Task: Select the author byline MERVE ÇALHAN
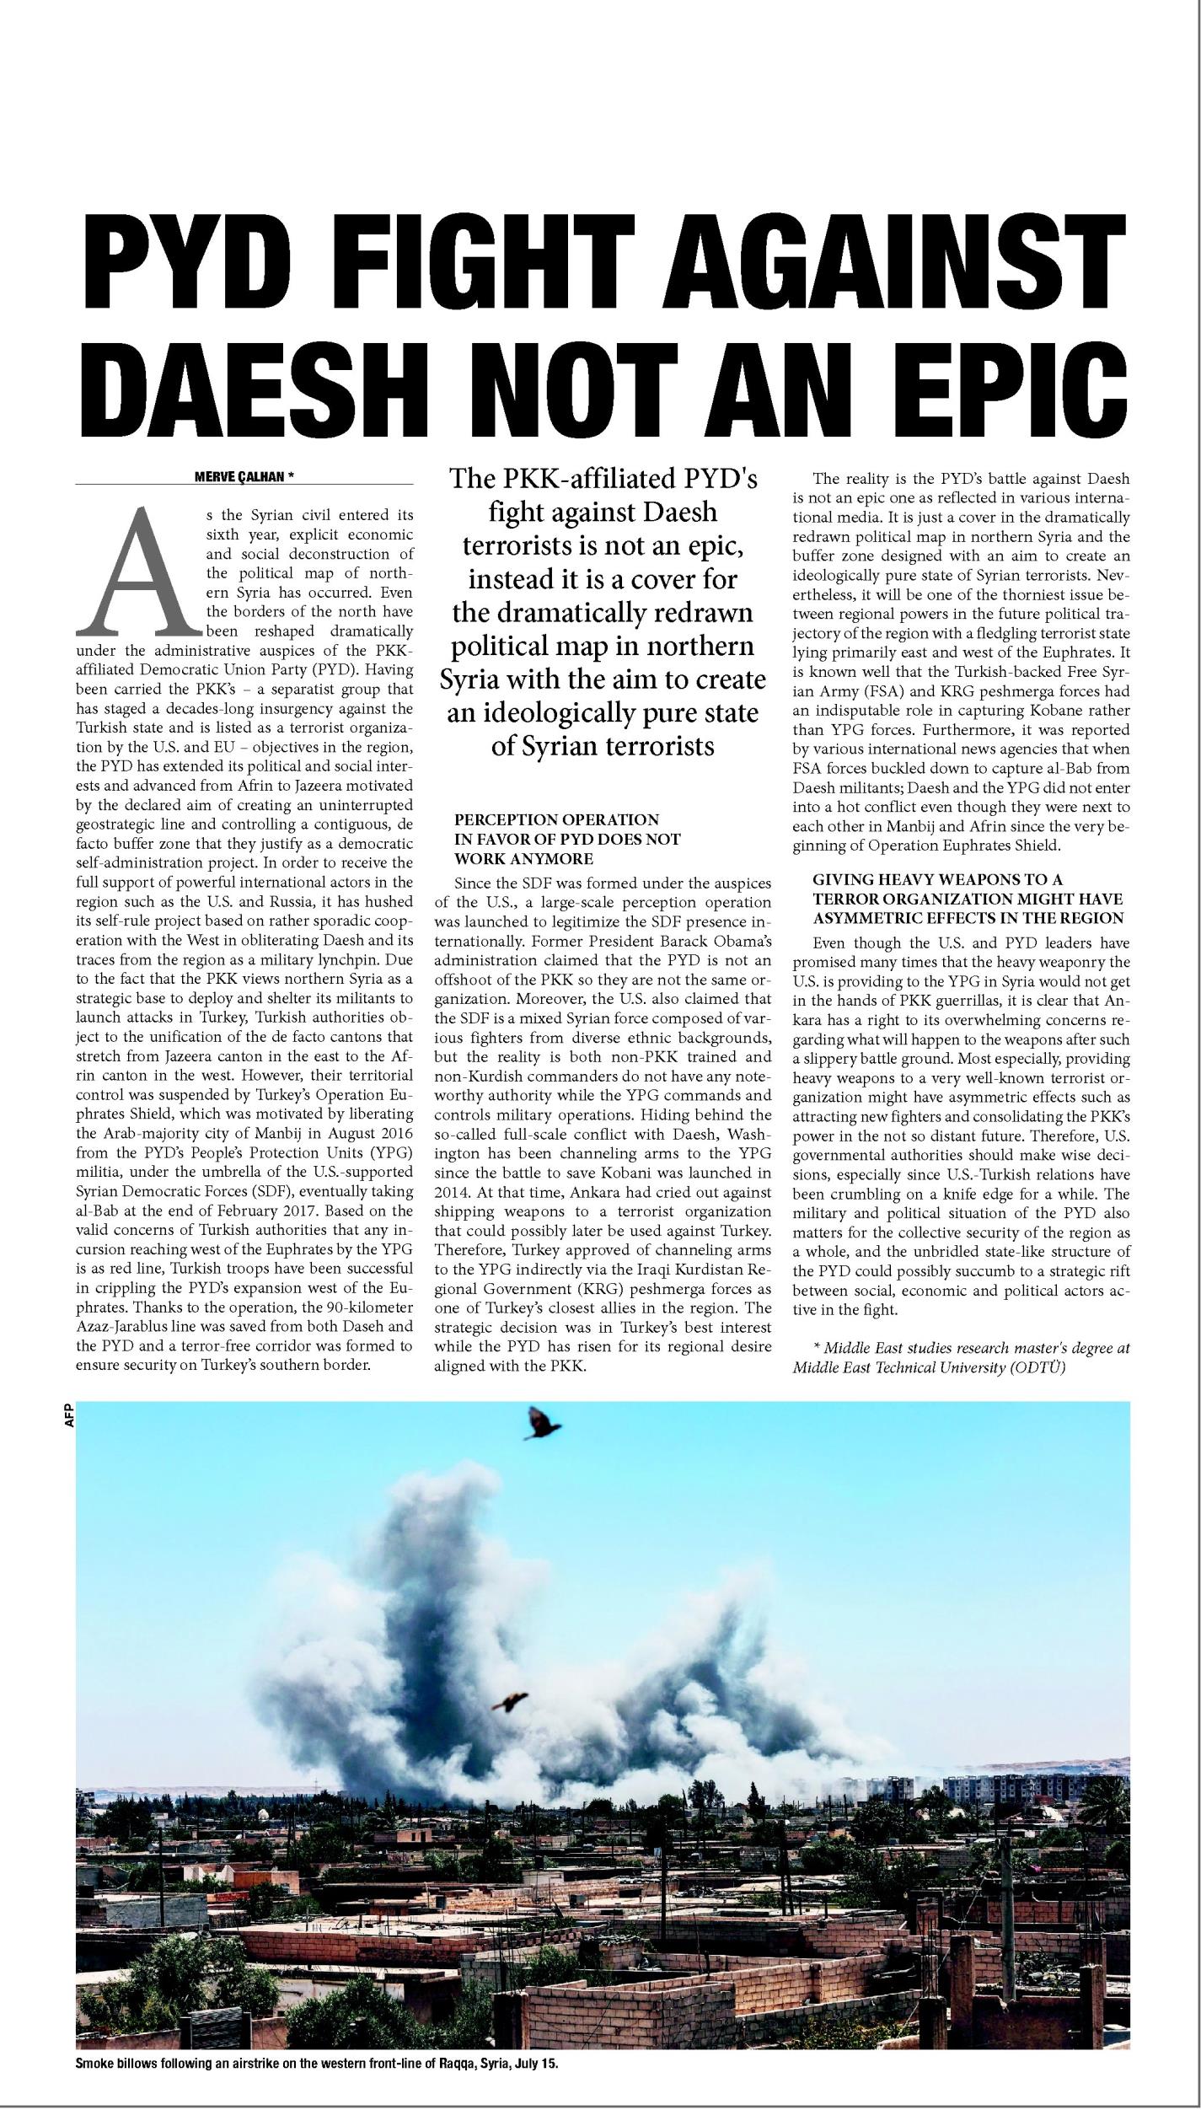[x=239, y=477]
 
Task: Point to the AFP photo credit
[x=69, y=1415]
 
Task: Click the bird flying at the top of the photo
[x=543, y=1423]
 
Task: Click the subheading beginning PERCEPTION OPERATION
[x=556, y=819]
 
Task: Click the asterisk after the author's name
[x=291, y=477]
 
